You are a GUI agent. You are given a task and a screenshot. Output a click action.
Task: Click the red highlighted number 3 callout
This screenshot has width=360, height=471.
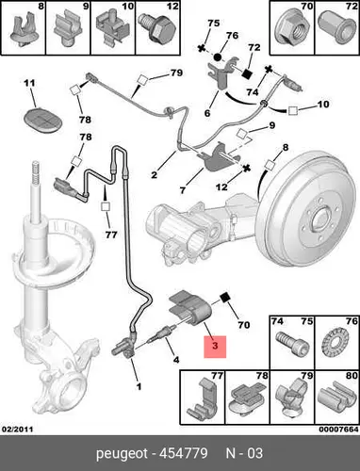click(215, 347)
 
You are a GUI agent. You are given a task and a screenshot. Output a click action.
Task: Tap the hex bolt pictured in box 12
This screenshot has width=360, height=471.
click(158, 29)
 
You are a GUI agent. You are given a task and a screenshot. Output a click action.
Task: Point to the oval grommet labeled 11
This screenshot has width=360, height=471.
click(42, 119)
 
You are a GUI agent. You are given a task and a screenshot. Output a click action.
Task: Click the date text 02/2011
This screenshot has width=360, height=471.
click(18, 429)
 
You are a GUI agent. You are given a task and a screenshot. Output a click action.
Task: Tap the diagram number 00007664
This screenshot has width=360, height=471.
click(338, 429)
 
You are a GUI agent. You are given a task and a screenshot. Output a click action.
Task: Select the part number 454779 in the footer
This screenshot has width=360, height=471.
click(184, 453)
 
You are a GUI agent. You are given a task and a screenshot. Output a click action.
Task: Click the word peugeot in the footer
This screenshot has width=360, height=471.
click(122, 454)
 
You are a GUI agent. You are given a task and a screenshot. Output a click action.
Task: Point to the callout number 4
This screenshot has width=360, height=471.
click(176, 360)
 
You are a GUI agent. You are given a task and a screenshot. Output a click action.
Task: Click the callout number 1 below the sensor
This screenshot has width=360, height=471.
click(139, 386)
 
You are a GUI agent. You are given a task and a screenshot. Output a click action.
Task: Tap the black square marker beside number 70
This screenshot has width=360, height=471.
click(224, 298)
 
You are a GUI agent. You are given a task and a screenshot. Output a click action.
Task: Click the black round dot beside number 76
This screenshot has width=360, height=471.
click(218, 57)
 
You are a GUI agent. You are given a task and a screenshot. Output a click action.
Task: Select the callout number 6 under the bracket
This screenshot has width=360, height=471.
click(207, 113)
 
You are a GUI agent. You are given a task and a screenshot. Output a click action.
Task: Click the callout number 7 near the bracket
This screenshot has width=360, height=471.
click(183, 190)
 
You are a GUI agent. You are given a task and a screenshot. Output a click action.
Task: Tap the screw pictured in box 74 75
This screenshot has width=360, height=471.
click(292, 345)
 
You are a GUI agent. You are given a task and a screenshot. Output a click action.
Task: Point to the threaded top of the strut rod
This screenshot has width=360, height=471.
click(36, 174)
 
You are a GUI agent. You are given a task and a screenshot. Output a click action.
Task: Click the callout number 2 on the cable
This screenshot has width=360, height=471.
click(154, 174)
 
